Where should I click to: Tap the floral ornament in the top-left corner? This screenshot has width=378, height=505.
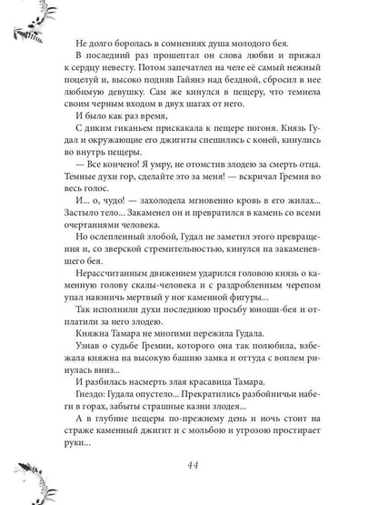pos(23,22)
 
